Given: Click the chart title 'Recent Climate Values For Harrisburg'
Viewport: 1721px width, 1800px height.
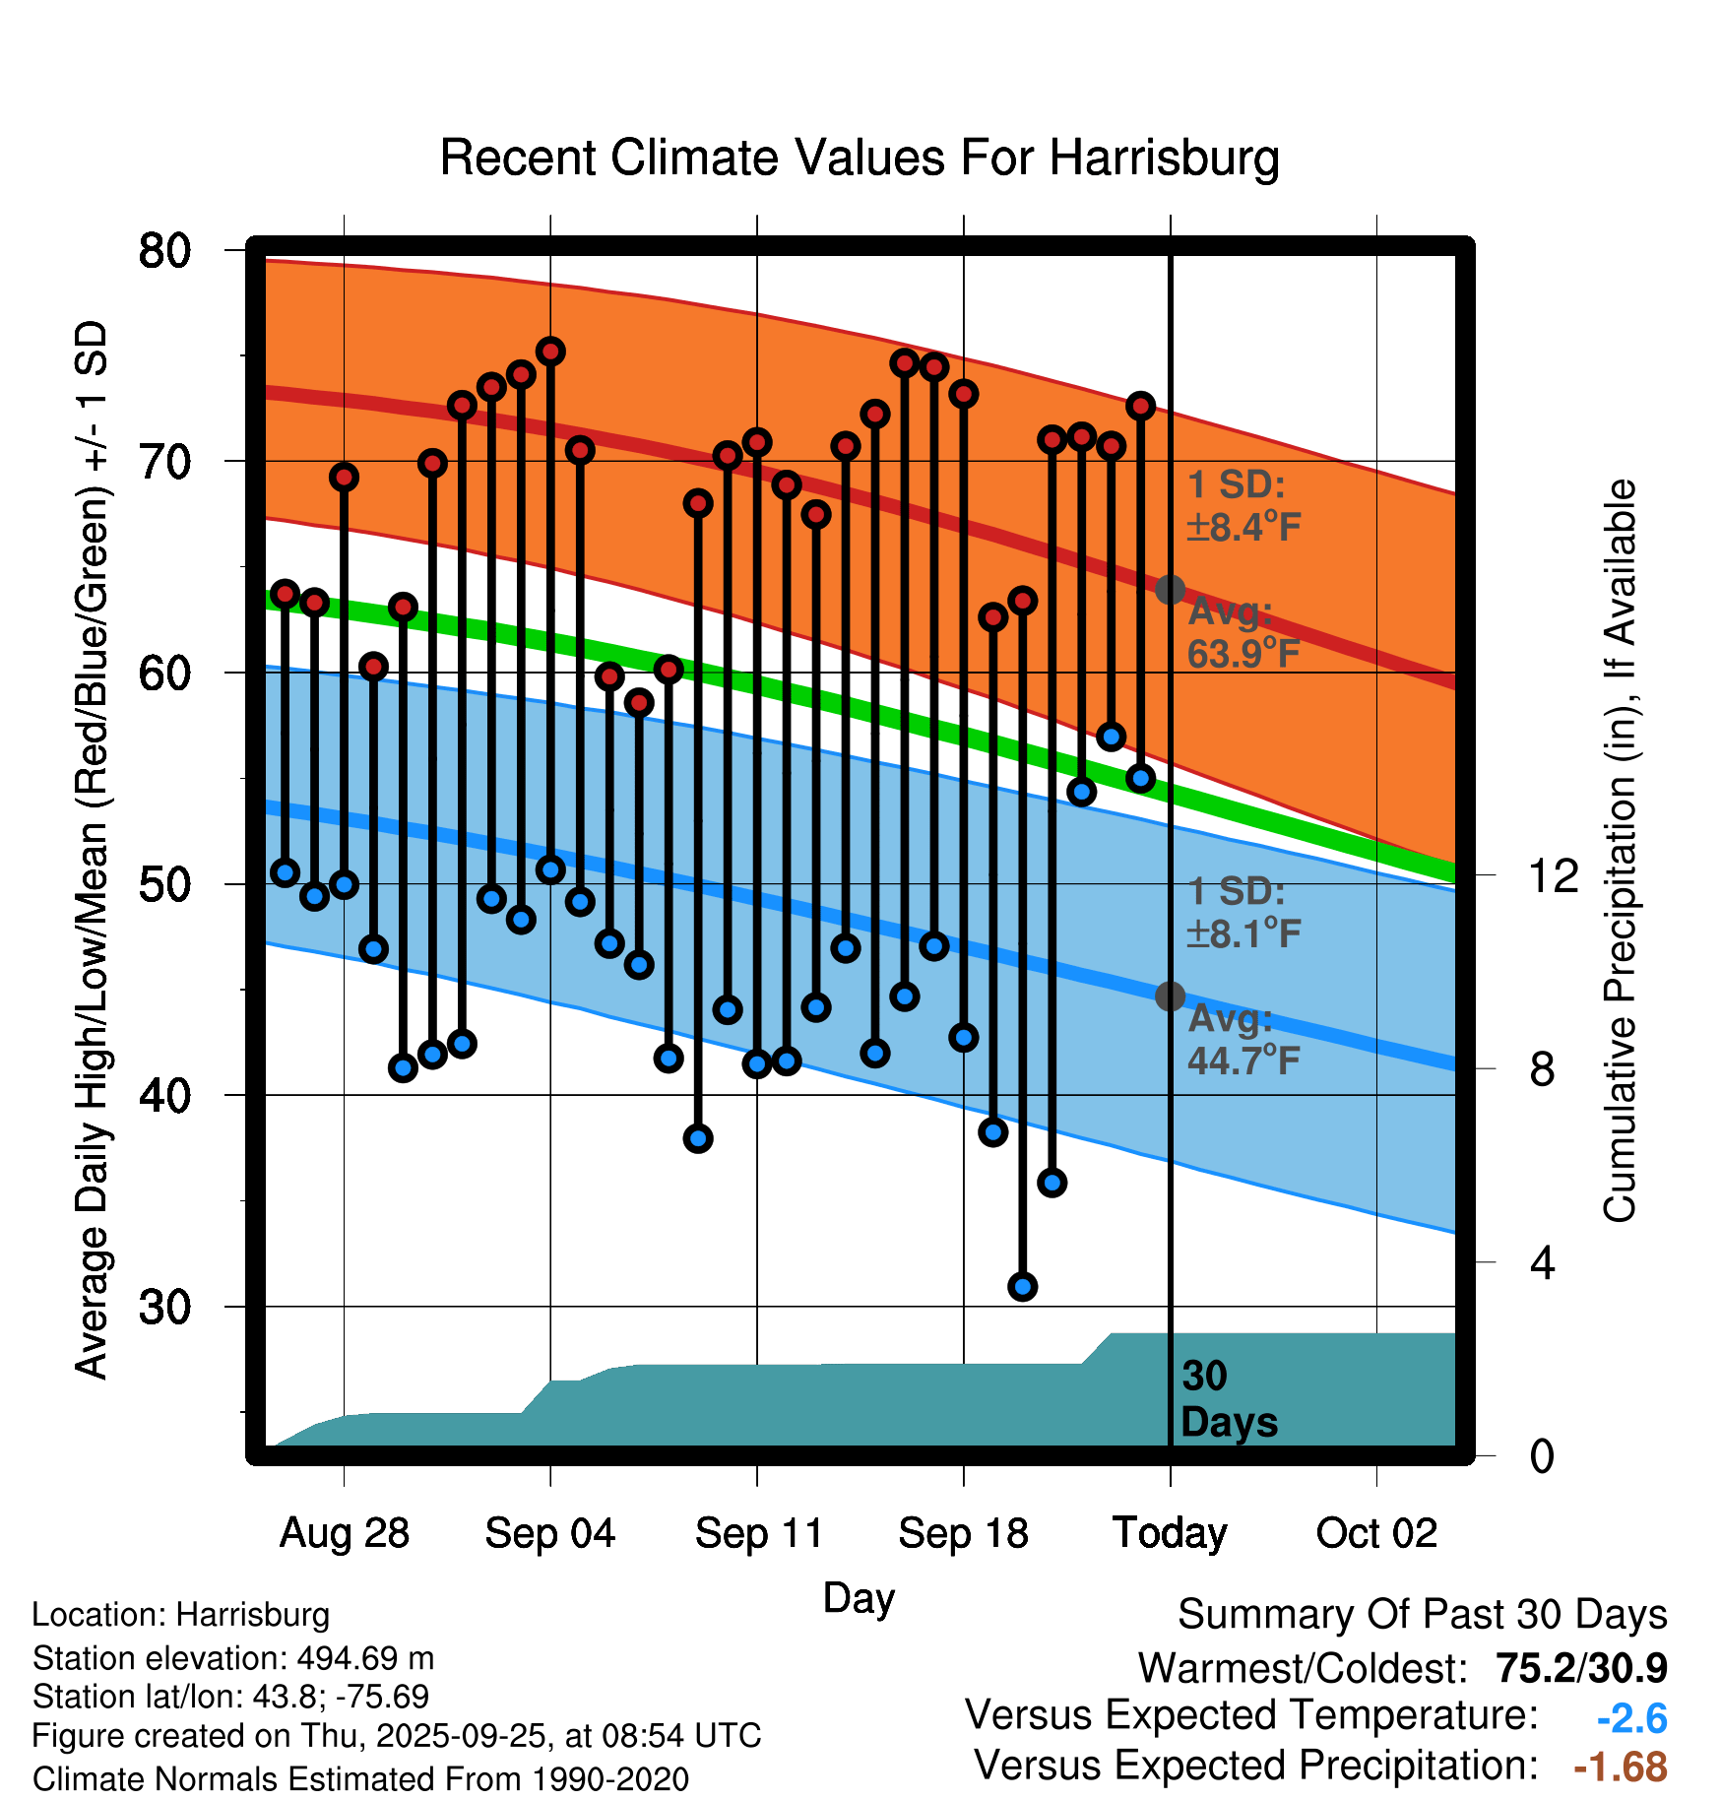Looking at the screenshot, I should coord(860,158).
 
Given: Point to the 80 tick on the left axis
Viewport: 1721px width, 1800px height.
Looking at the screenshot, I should coord(164,251).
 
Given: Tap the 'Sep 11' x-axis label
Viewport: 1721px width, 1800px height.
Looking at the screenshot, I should coord(758,1533).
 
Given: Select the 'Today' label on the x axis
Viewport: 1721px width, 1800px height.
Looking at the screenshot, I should coord(1170,1533).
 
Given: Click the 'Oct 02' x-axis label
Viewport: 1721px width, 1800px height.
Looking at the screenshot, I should coord(1376,1533).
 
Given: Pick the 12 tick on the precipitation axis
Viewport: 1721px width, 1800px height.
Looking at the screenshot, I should coord(1554,875).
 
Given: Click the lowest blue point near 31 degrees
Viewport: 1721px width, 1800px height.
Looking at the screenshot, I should coord(1023,1286).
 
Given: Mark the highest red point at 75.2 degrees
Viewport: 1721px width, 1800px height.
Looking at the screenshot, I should coord(550,352).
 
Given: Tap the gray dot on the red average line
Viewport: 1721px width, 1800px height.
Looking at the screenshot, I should coord(1170,590).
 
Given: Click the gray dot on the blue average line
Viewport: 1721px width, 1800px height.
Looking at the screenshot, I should coord(1170,996).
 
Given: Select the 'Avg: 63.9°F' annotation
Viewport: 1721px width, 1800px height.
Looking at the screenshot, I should coord(1243,632).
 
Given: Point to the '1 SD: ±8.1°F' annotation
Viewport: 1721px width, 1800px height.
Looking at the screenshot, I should coord(1243,912).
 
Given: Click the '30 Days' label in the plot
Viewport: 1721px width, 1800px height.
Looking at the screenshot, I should coord(1228,1399).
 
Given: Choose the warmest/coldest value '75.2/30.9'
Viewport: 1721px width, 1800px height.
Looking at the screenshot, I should coord(1581,1668).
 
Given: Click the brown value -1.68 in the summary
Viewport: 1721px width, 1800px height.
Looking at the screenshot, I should coord(1621,1767).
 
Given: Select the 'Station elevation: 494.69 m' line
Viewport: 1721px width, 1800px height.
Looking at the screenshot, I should coord(233,1658).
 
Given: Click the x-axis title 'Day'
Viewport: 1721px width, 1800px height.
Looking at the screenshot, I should coord(859,1598).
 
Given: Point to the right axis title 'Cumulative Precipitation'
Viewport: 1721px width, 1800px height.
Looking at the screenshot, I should coord(1620,851).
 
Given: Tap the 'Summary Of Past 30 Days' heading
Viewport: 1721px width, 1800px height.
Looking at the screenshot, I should coord(1422,1615).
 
